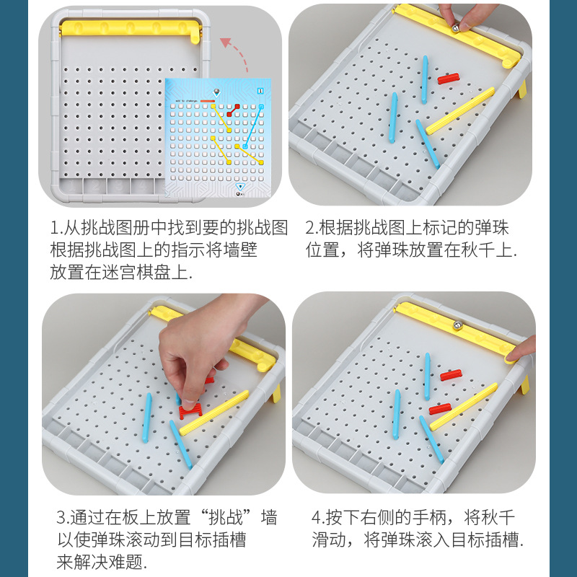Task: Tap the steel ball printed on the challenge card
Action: coord(217,91)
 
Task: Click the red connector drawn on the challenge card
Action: coord(233,110)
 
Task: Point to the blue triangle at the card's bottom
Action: coord(240,187)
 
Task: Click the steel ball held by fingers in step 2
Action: coord(456,28)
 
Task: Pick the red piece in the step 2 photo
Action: coord(449,79)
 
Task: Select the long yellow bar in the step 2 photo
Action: coord(460,111)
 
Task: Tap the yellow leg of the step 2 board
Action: coord(522,89)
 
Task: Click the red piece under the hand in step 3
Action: coord(190,411)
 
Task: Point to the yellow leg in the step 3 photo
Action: coord(276,393)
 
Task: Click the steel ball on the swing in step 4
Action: coord(458,325)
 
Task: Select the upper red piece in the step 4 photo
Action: coord(451,375)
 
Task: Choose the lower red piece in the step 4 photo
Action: coord(440,408)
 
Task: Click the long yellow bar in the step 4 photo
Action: coord(463,407)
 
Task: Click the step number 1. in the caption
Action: coord(56,228)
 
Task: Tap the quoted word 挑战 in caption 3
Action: coord(226,517)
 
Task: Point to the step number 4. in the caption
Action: coord(318,518)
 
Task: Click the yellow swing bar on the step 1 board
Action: coord(131,29)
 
